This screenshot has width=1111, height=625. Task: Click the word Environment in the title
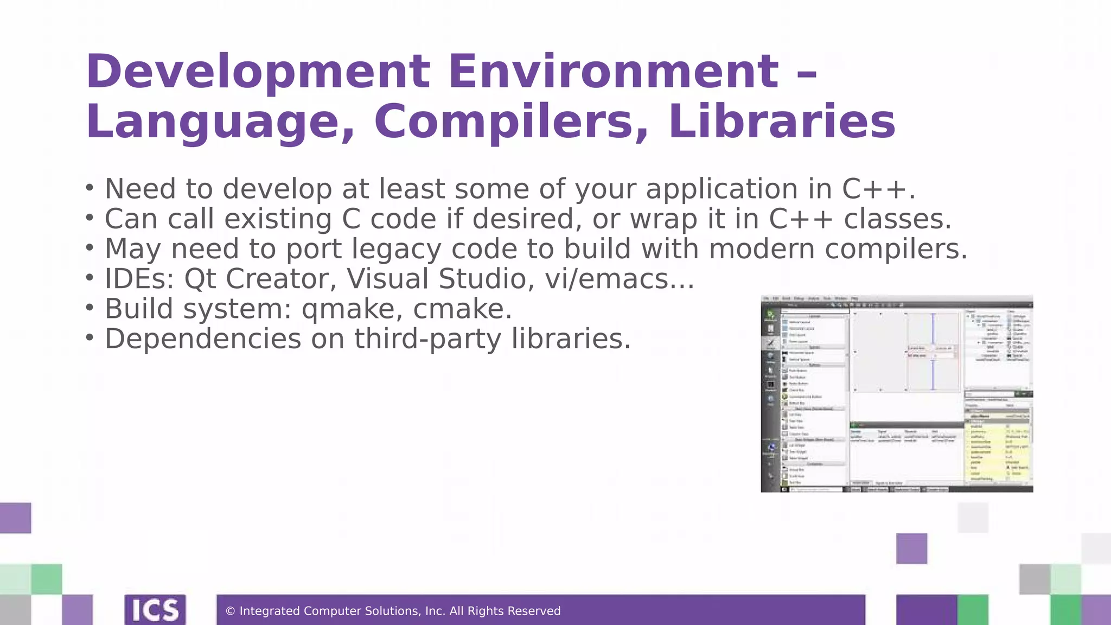coord(614,72)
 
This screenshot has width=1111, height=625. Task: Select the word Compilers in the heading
coord(511,122)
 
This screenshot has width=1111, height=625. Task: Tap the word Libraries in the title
coord(782,122)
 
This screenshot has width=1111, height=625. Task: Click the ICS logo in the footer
coord(155,610)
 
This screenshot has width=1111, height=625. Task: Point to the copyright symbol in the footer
coord(230,611)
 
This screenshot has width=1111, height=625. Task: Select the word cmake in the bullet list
coord(462,309)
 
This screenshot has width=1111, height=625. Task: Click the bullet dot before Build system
coord(90,308)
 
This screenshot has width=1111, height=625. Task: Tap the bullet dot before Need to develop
coord(90,188)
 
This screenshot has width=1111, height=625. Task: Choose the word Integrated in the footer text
coord(270,611)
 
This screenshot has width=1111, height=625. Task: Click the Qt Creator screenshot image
coord(897,394)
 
